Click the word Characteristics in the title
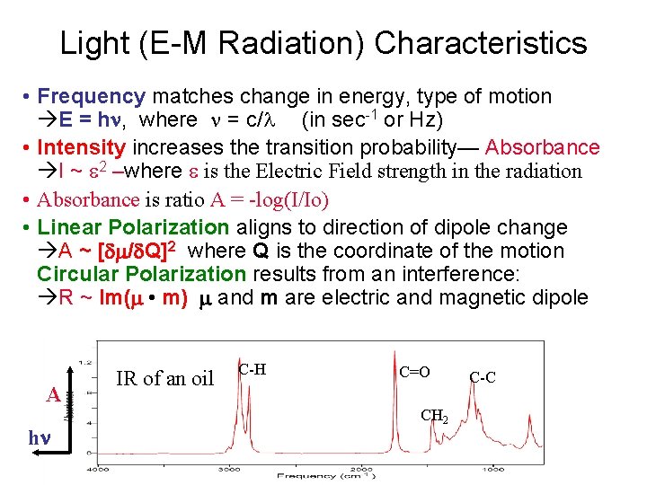(x=480, y=43)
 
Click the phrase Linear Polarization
(x=134, y=227)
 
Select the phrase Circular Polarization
(x=141, y=274)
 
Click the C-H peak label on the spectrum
(x=253, y=369)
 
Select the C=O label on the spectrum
(x=415, y=372)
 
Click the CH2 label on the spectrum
(x=434, y=416)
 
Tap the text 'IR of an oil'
(x=166, y=378)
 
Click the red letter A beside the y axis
(x=53, y=395)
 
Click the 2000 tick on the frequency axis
(x=361, y=468)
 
